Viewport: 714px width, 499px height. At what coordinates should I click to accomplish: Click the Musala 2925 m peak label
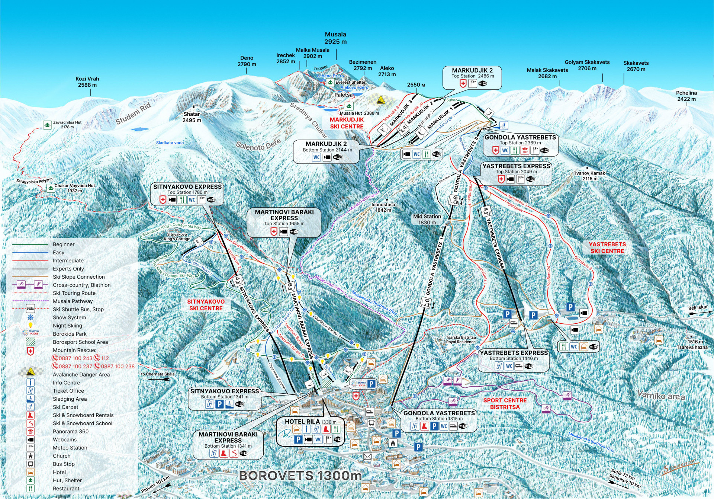335,38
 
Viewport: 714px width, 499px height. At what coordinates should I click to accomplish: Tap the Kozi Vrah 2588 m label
87,82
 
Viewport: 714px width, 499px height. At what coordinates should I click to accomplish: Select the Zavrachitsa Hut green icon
47,125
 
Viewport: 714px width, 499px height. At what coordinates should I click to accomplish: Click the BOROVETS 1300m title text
300,475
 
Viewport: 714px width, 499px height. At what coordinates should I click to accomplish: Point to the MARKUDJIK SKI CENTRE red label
347,123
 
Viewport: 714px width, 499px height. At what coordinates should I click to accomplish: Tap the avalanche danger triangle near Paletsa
380,100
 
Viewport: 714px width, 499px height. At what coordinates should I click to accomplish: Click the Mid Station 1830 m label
427,219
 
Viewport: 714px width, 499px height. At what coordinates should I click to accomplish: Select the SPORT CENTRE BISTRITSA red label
505,403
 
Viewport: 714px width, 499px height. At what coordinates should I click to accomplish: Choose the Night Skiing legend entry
67,326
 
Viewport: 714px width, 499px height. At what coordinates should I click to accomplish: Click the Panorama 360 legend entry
71,432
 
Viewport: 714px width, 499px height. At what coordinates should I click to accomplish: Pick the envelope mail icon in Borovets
367,457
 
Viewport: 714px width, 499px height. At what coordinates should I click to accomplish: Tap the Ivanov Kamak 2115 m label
590,176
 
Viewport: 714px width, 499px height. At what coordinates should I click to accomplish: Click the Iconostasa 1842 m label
383,207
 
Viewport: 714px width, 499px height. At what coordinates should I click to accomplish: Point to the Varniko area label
661,395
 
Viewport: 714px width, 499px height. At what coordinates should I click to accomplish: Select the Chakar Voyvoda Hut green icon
51,188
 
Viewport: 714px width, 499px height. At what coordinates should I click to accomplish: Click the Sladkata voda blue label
170,143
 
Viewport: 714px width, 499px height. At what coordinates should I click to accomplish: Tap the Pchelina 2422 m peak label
686,96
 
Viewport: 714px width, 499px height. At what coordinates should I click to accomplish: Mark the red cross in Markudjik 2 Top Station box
463,84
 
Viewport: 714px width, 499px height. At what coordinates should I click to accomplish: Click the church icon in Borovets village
393,443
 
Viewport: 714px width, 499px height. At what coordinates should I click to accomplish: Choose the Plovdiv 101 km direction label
155,484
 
